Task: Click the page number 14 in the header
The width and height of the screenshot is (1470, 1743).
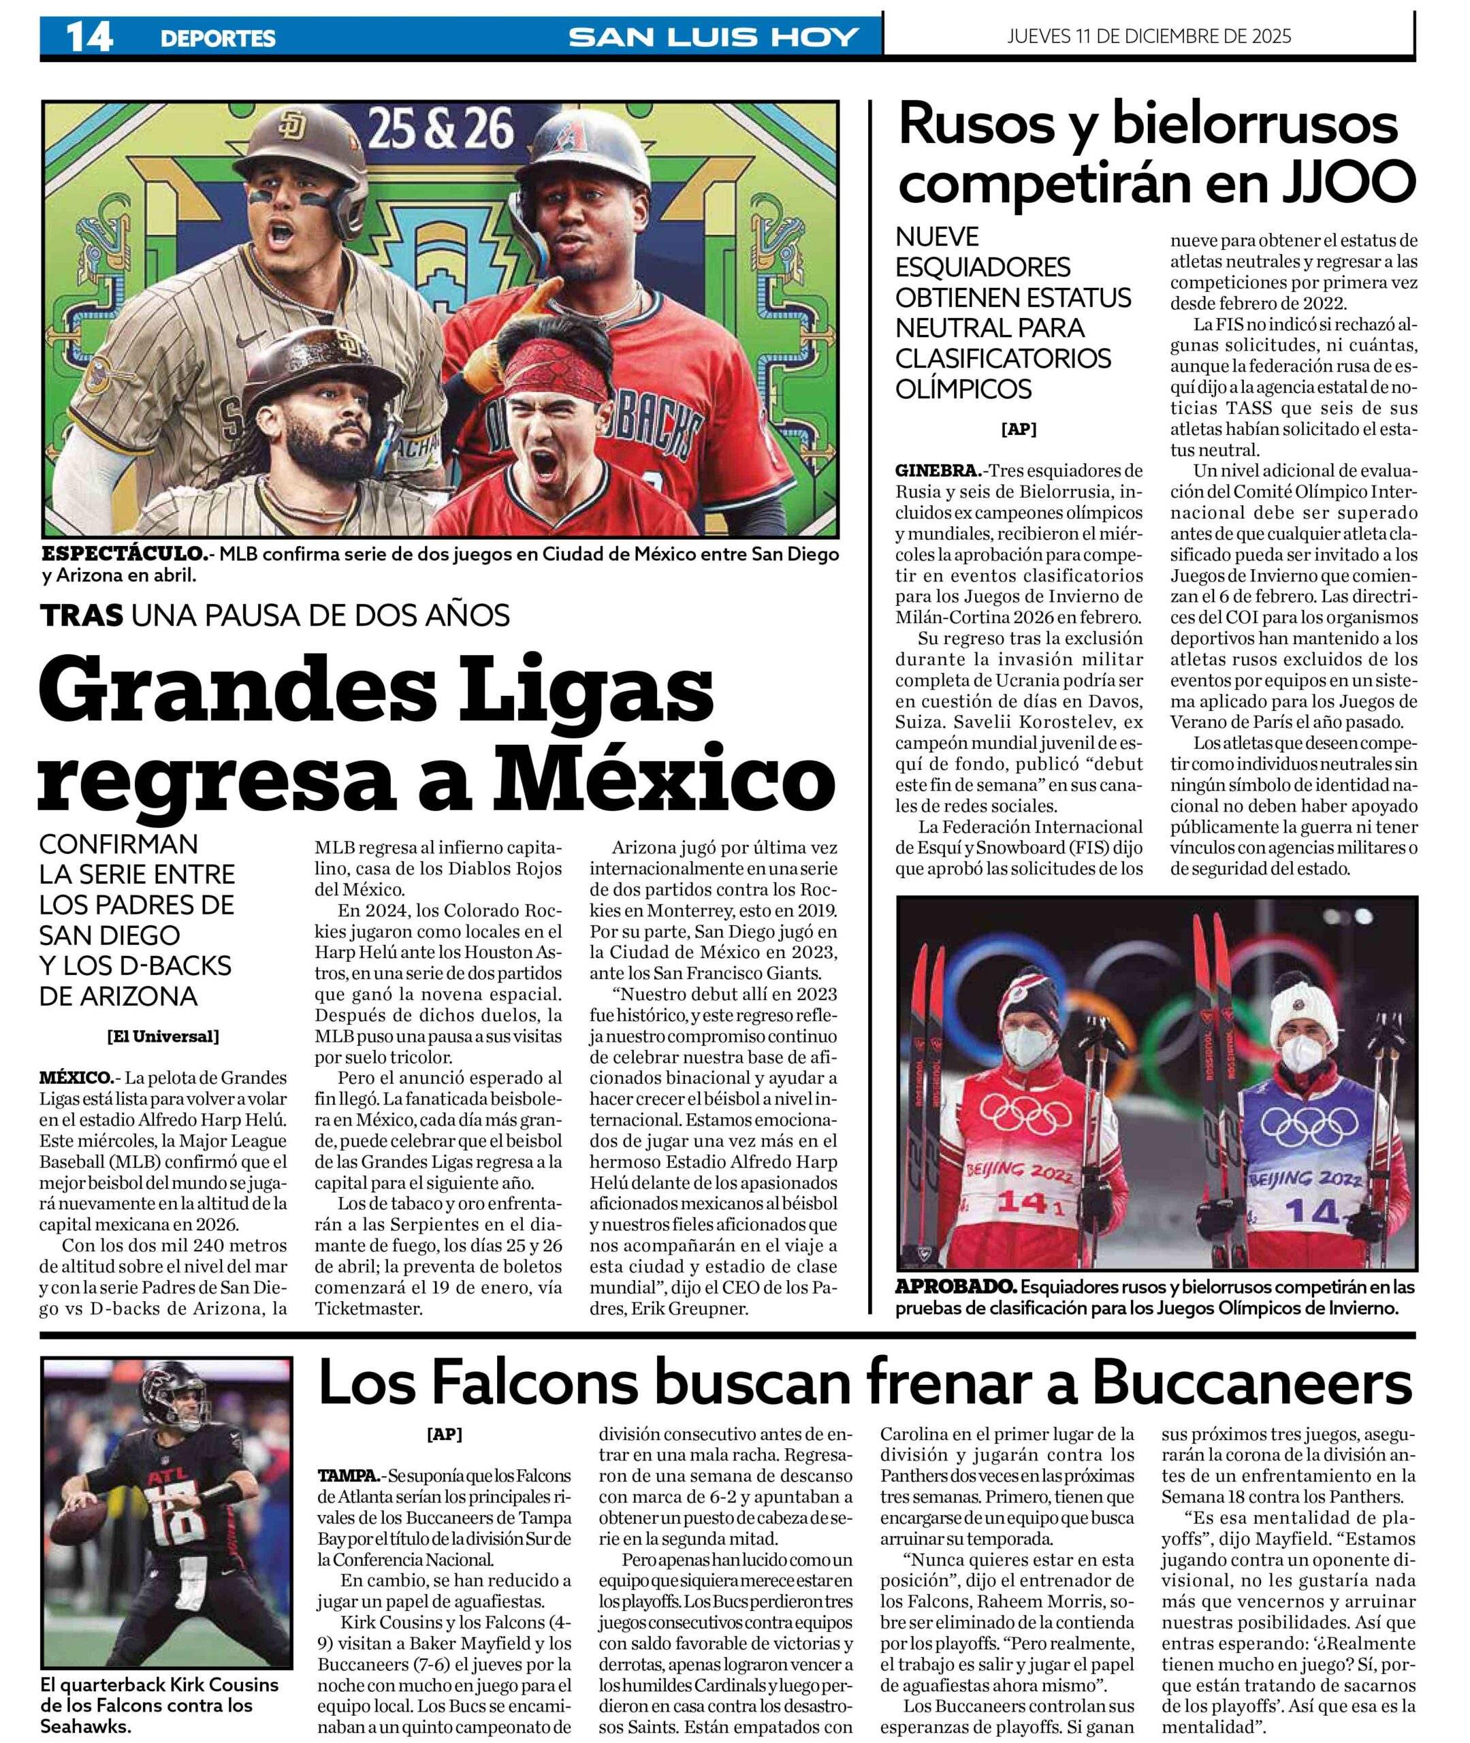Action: [89, 37]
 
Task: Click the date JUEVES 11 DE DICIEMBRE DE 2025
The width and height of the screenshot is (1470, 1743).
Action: [1149, 36]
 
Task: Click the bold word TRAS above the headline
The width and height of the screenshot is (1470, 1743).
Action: [82, 615]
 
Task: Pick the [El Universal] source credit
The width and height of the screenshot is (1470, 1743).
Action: [163, 1036]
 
